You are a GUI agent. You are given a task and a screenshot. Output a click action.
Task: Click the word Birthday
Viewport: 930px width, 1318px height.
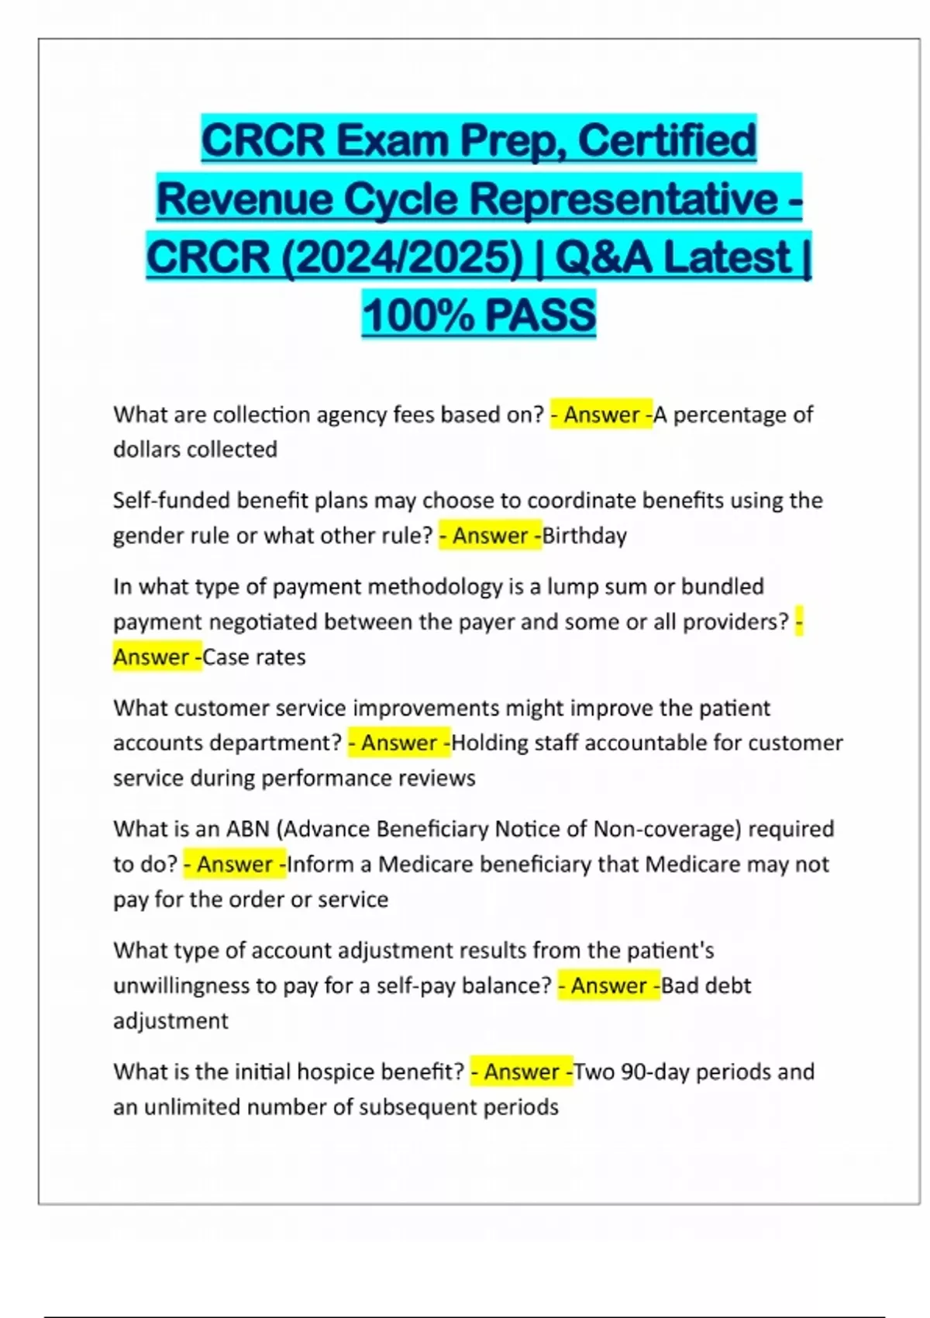click(585, 536)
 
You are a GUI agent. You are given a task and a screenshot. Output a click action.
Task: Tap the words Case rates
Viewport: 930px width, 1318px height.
click(254, 657)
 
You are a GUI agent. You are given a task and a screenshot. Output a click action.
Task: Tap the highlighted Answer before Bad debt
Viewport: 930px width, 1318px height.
click(608, 985)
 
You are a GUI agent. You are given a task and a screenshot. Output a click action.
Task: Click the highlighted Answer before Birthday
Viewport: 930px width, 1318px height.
click(490, 536)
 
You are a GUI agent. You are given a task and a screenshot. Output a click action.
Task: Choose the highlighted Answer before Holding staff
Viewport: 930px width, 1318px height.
click(399, 743)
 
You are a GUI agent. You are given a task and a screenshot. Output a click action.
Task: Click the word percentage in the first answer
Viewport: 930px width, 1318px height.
click(728, 415)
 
